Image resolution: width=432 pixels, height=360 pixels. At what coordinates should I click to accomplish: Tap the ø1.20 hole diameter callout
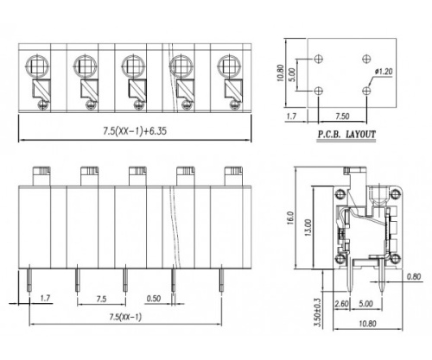383,73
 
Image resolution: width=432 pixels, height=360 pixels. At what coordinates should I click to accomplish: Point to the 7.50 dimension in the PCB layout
343,114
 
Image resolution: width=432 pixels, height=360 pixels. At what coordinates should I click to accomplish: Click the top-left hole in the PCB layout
320,58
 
